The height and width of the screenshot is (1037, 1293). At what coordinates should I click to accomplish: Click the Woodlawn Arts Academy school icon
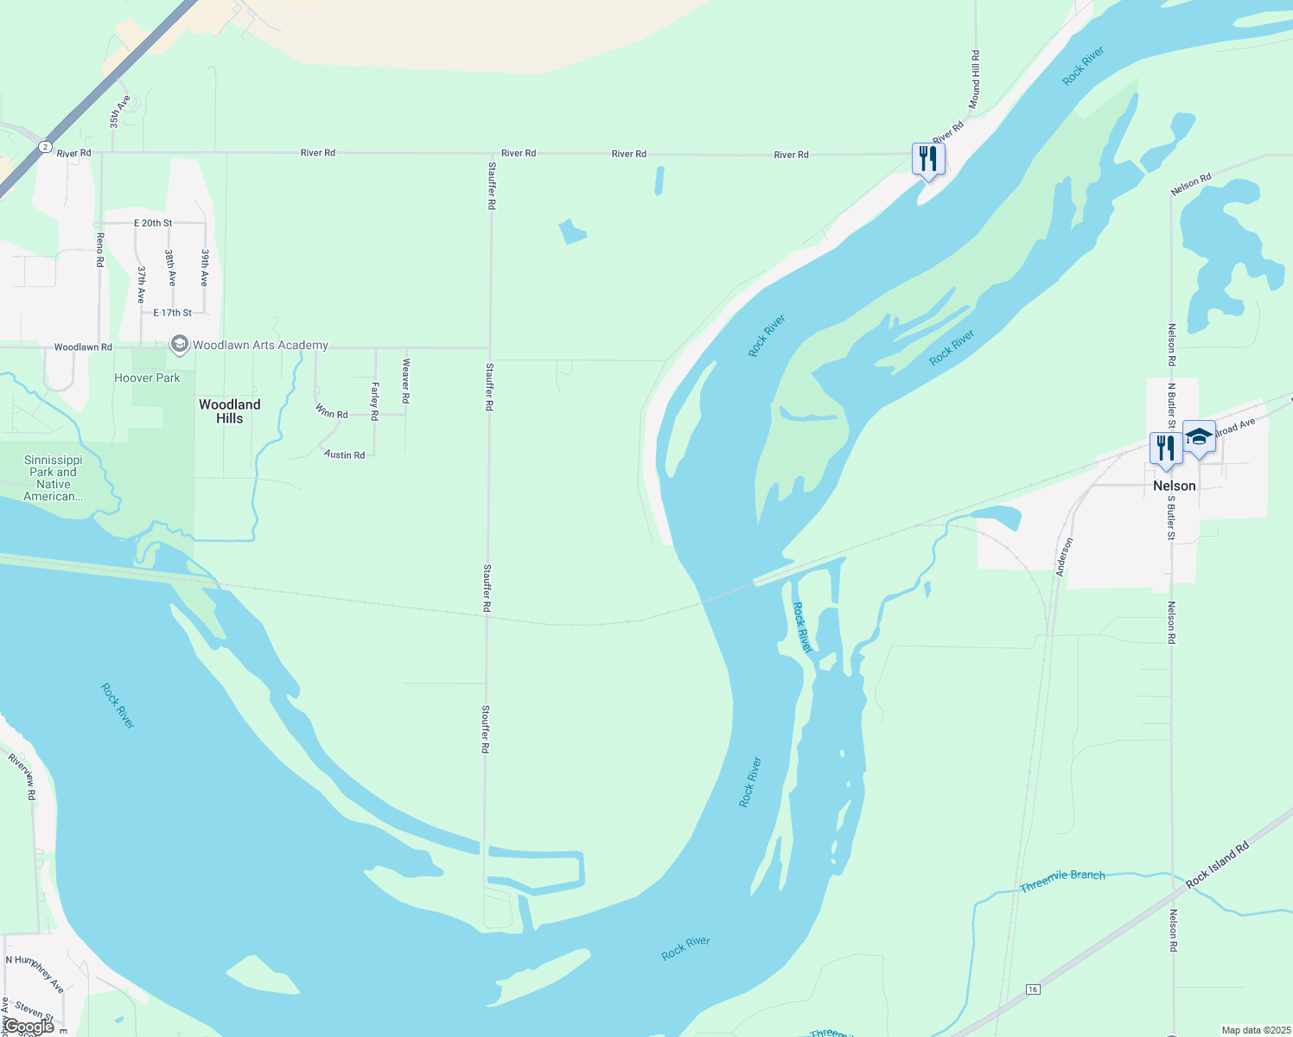(x=179, y=345)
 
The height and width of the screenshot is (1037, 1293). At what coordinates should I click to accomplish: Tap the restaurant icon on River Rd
(x=927, y=159)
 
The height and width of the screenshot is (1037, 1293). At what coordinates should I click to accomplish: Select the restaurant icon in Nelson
(x=1166, y=449)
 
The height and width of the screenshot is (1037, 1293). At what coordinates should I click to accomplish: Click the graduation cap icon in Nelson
(x=1199, y=437)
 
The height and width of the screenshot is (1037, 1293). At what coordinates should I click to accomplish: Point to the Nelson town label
(x=1174, y=486)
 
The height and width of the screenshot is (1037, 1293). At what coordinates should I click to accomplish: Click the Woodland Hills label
(x=229, y=411)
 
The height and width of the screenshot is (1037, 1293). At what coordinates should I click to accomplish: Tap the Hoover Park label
(x=147, y=378)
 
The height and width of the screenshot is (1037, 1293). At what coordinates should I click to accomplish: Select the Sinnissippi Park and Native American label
(x=54, y=478)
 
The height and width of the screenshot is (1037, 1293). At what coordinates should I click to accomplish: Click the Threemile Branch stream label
(x=1062, y=881)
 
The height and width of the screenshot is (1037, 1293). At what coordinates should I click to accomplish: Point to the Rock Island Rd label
(x=1218, y=864)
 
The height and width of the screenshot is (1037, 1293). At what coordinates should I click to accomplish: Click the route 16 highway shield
(x=1032, y=989)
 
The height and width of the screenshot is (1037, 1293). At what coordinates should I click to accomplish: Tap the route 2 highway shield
(x=45, y=147)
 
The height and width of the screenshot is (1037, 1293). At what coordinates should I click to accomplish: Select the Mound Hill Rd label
(x=975, y=80)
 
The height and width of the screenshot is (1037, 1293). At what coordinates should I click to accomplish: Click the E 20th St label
(x=153, y=223)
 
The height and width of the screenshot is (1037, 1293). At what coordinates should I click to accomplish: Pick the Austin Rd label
(x=344, y=454)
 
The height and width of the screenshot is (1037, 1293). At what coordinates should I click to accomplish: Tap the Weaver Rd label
(x=405, y=381)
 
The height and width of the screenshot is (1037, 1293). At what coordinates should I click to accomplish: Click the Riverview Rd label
(x=22, y=776)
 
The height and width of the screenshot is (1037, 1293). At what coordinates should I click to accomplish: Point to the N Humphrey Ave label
(x=35, y=972)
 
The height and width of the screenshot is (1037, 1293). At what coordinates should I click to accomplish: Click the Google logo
(x=29, y=1027)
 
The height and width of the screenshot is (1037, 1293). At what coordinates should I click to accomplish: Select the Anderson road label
(x=1064, y=557)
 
